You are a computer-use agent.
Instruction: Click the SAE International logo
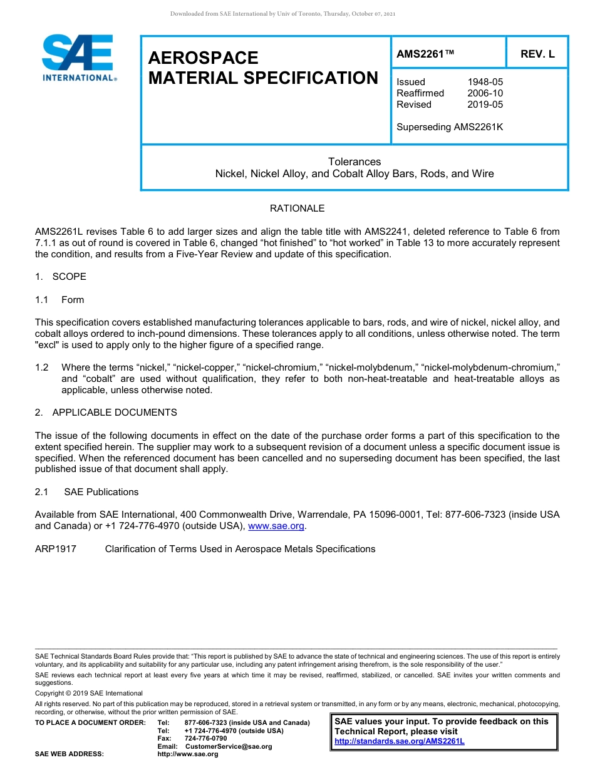point(78,58)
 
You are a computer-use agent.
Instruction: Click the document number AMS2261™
point(425,54)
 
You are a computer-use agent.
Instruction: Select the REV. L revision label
point(537,54)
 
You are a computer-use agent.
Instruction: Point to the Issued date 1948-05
point(485,82)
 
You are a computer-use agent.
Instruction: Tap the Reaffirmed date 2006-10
point(485,93)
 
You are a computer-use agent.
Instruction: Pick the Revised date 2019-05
point(485,105)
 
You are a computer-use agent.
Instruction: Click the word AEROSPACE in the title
point(203,58)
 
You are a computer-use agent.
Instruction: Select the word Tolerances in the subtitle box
point(354,162)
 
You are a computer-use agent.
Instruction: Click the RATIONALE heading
point(297,208)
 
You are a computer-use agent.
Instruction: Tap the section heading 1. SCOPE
point(61,277)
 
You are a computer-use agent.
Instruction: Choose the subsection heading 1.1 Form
point(59,300)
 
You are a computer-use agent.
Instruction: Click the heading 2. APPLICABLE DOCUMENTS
point(106,413)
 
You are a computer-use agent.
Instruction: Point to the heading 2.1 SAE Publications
point(87,492)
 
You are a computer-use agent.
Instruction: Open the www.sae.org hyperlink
point(276,526)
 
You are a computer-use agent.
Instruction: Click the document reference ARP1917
point(56,549)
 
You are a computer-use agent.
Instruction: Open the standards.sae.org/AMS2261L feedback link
point(400,741)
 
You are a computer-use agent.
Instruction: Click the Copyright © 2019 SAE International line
point(89,693)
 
